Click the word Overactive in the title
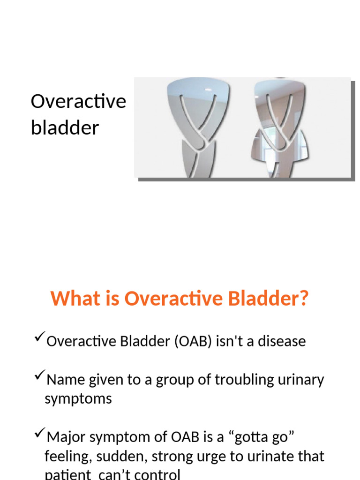coord(78,102)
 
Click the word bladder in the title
coord(65,127)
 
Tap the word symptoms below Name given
coord(78,399)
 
